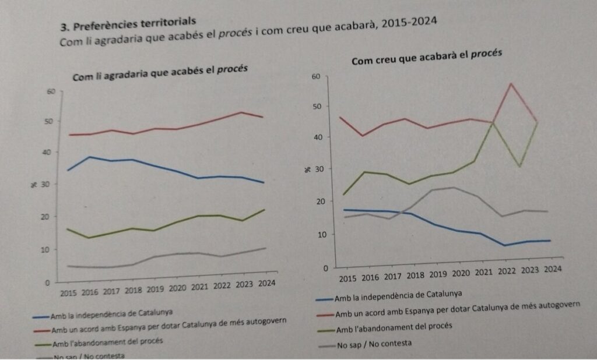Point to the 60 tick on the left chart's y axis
[50, 91]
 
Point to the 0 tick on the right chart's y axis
[318, 269]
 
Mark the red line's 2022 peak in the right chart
[511, 83]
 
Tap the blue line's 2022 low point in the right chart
[505, 245]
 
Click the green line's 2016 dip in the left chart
[89, 238]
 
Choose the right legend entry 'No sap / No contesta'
[374, 344]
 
